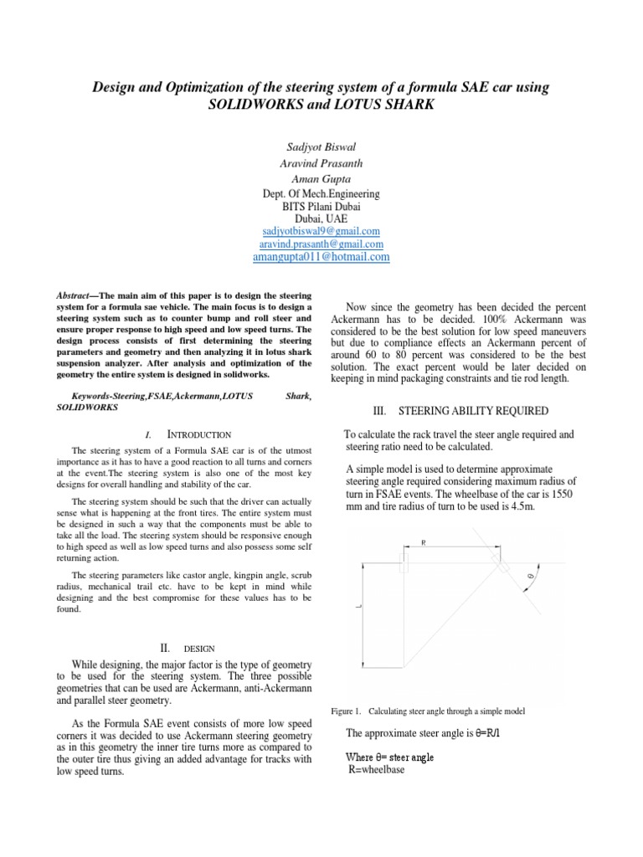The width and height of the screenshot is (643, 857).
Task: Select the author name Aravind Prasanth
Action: [321, 162]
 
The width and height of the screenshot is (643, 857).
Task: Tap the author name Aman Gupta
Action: [321, 178]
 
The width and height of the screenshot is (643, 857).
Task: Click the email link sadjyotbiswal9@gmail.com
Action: [321, 230]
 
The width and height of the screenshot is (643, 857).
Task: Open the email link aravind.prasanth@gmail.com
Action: [321, 244]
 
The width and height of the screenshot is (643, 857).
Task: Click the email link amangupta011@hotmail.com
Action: [321, 258]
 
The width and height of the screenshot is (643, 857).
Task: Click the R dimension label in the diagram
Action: [424, 543]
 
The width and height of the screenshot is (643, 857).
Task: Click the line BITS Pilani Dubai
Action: [321, 206]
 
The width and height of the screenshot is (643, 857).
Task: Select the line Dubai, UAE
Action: [321, 218]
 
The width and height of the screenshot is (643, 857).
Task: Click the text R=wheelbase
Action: [376, 770]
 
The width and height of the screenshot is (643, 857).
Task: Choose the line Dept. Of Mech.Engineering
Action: [321, 193]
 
